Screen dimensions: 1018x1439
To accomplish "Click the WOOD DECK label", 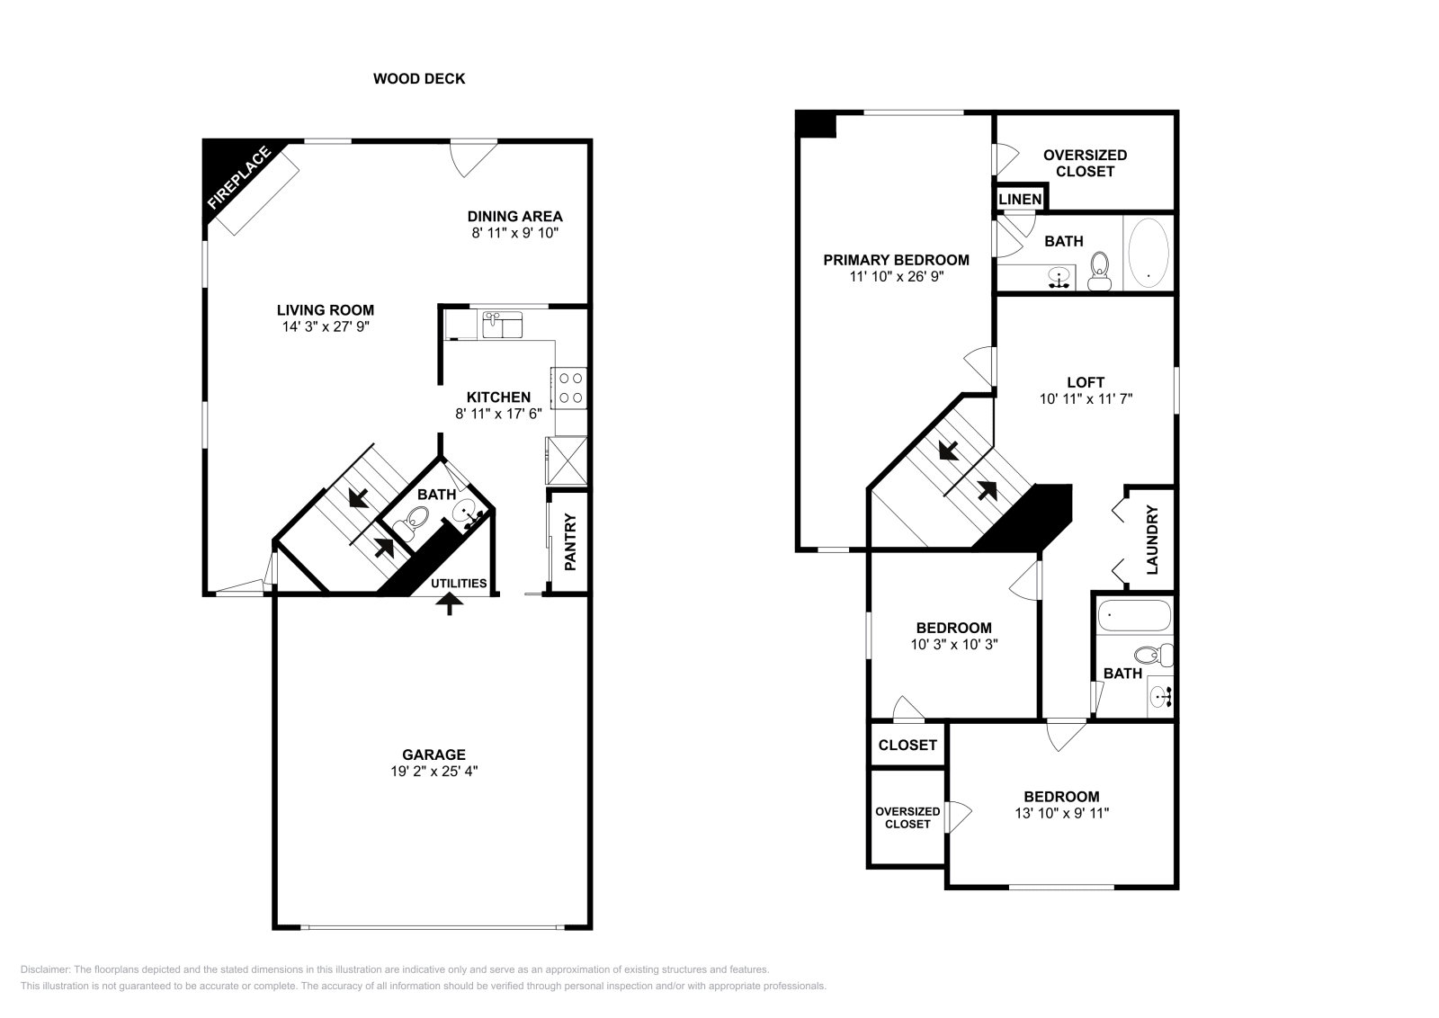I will point(419,79).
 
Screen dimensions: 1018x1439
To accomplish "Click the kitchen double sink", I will point(502,325).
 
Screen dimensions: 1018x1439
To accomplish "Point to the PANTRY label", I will point(569,541).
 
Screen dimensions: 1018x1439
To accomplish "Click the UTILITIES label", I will point(459,583).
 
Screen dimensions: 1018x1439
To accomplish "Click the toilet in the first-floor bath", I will point(417,520).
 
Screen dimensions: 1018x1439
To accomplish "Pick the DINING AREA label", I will point(514,216).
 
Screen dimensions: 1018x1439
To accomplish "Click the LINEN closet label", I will point(1020,199).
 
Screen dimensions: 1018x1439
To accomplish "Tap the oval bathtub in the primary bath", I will point(1148,253).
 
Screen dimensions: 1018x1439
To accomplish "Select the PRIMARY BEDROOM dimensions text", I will point(896,276).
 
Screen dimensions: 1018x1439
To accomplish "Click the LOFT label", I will point(1085,382).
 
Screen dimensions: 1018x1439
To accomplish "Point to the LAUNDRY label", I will point(1152,540).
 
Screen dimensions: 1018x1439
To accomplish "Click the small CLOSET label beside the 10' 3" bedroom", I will point(907,745).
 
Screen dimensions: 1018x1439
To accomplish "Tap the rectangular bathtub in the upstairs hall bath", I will point(1134,617).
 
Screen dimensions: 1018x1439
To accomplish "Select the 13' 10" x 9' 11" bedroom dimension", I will point(1061,813).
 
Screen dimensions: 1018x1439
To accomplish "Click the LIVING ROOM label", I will point(325,310).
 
